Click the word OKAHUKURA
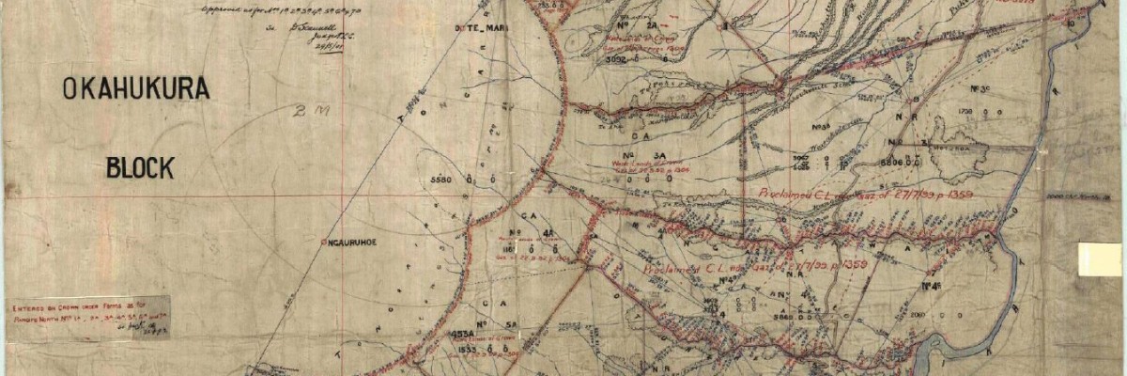click(134, 91)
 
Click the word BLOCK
click(140, 168)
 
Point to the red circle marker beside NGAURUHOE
click(323, 243)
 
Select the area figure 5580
click(440, 179)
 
